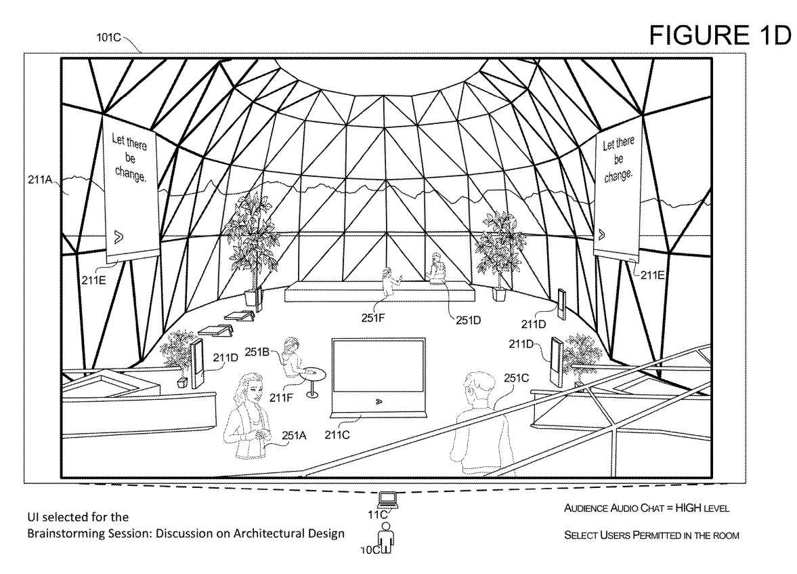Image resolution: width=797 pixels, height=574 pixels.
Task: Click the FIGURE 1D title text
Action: (x=720, y=35)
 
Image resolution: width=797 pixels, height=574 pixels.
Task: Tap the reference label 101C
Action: (x=108, y=38)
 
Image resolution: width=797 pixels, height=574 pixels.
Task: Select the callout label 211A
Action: (x=41, y=181)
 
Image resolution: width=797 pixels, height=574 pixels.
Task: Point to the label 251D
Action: (x=467, y=320)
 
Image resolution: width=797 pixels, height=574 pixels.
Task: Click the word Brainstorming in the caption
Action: (x=65, y=533)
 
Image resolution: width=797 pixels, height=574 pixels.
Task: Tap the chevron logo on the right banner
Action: (x=602, y=234)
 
